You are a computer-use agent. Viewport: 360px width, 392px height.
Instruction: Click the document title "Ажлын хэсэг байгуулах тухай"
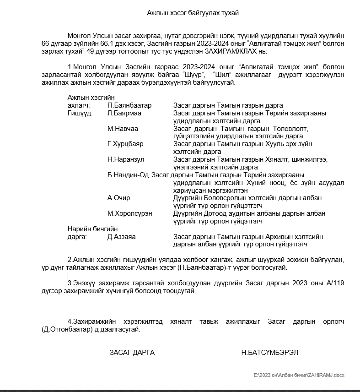point(193,13)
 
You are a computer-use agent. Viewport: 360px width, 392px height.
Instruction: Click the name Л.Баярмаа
point(124,113)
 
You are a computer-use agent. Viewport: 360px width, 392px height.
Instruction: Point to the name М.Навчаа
point(123,129)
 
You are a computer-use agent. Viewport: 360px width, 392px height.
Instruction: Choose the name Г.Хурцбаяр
point(125,144)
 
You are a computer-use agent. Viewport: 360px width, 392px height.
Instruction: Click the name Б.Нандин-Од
point(128,175)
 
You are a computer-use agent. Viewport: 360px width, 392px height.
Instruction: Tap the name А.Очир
point(118,198)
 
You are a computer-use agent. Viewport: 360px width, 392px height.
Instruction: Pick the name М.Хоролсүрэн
point(130,213)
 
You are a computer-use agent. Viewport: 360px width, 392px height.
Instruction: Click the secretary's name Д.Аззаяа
point(121,237)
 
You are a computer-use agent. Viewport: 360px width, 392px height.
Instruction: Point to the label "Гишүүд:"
point(80,113)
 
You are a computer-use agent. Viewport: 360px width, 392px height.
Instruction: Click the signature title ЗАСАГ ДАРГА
point(132,353)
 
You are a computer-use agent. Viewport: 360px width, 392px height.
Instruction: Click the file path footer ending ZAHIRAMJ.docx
point(299,376)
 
